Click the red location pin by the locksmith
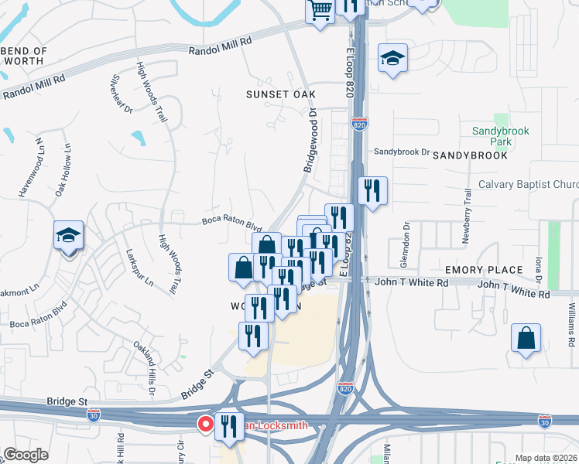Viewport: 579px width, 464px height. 206,424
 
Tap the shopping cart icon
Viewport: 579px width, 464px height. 320,11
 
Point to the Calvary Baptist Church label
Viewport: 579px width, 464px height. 528,184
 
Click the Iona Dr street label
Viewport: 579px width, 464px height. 536,258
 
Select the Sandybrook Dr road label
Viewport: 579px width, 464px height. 401,152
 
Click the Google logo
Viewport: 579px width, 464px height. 26,455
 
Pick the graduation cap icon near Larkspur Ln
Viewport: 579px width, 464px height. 68,236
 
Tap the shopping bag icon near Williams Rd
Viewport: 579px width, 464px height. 526,338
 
